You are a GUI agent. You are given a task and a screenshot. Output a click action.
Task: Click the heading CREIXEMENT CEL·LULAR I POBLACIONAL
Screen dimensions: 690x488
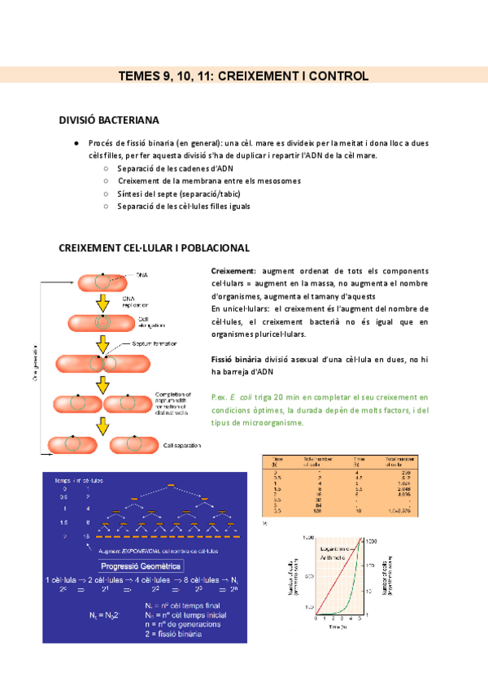pos(155,247)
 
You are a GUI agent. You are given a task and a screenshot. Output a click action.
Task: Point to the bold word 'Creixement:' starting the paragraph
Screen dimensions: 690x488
pos(233,270)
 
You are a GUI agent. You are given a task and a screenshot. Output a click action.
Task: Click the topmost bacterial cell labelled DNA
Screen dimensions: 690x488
pos(102,282)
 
